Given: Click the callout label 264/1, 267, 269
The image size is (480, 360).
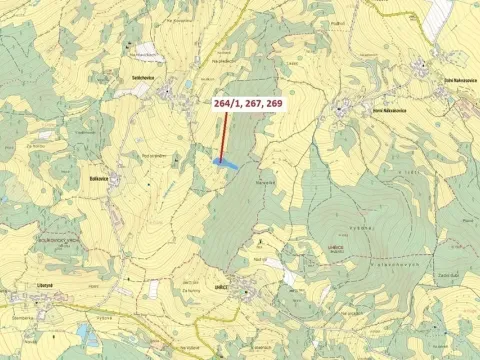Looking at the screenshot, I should [x=247, y=102].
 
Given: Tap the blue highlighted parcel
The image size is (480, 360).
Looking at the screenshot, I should [x=226, y=162].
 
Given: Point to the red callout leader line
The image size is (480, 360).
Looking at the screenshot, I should [x=224, y=135].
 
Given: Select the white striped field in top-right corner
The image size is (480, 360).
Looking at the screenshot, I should [x=439, y=13].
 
